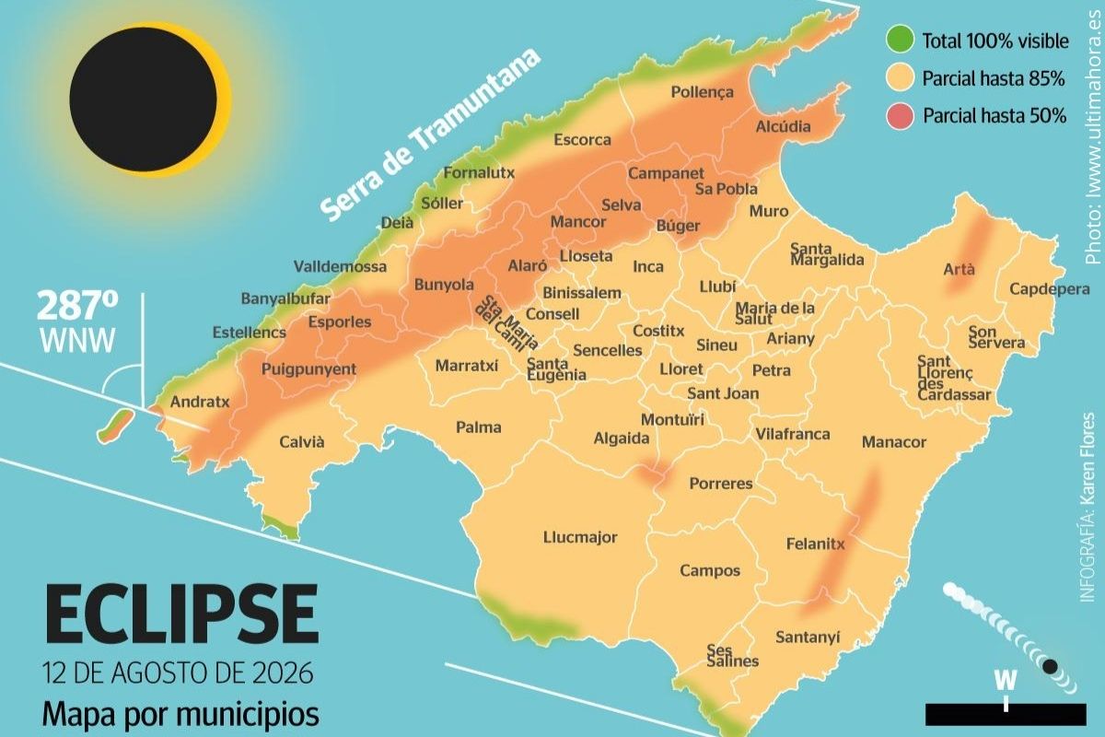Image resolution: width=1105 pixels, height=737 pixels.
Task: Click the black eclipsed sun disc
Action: click(x=143, y=99)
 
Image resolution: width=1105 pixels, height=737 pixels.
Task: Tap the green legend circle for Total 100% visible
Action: click(x=900, y=41)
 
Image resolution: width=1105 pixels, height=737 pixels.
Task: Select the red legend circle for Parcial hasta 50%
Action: click(x=900, y=116)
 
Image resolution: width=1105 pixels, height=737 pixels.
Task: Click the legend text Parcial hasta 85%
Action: click(x=993, y=79)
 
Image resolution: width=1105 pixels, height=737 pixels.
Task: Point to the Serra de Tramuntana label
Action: click(x=431, y=135)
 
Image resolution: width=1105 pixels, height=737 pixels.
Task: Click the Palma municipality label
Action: click(x=479, y=427)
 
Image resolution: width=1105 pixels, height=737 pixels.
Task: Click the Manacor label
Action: click(x=893, y=443)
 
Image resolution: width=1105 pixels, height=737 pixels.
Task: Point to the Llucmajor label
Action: click(x=580, y=538)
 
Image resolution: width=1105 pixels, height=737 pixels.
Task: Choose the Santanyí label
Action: click(x=808, y=637)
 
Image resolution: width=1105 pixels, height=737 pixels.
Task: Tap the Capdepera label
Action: click(x=1049, y=289)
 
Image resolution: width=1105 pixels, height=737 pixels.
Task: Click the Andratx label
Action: click(x=200, y=403)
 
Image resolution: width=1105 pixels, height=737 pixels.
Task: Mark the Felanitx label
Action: click(x=815, y=544)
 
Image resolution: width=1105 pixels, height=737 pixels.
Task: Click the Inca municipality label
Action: click(x=648, y=267)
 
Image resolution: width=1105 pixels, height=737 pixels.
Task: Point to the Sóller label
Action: click(x=442, y=204)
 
